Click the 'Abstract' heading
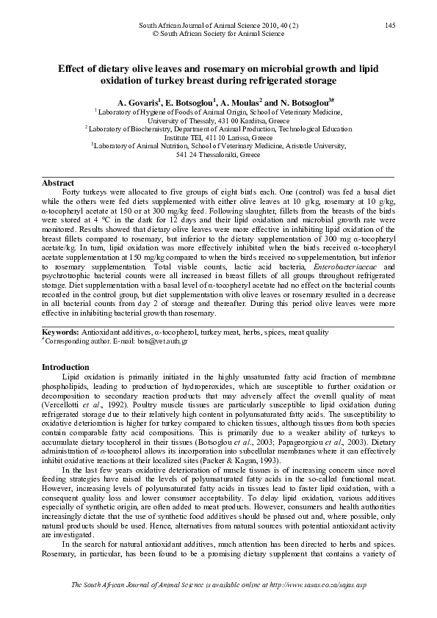[x=58, y=183]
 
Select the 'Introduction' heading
[x=64, y=366]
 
